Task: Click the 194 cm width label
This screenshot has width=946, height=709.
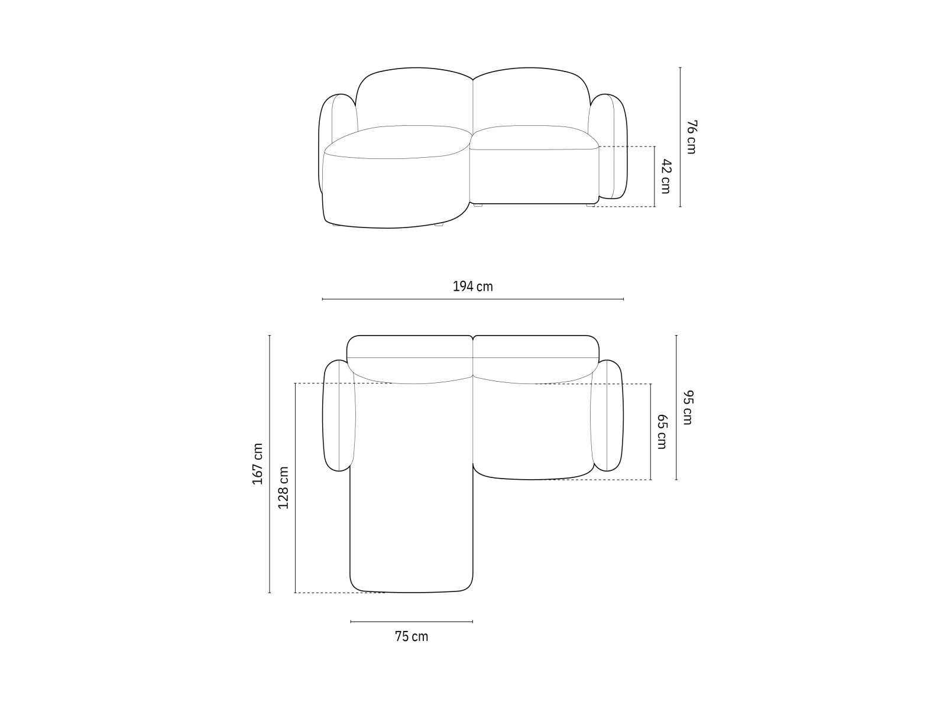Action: [x=472, y=287]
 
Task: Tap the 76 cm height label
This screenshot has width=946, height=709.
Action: [x=691, y=137]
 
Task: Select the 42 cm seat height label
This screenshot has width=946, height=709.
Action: [x=666, y=176]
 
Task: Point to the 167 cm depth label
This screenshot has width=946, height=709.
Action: [x=258, y=464]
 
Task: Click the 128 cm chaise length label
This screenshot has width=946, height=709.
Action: [x=284, y=487]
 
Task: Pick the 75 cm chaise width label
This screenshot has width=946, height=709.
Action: [x=412, y=637]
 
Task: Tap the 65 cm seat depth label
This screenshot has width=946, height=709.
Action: [x=662, y=431]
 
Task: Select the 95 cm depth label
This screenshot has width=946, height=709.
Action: [x=687, y=408]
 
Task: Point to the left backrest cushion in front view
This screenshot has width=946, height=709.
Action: [x=414, y=97]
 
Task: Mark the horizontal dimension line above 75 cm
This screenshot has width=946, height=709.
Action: [x=412, y=622]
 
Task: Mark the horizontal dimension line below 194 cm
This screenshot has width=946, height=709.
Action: [x=472, y=300]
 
